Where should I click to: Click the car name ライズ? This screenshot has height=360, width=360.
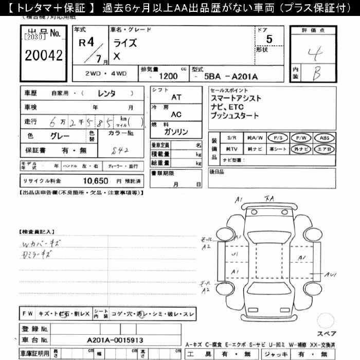tap(125, 43)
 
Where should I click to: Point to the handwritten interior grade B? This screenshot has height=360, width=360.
tap(317, 74)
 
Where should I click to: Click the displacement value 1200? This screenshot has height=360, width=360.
tap(169, 76)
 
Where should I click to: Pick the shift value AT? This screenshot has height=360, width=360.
tap(176, 97)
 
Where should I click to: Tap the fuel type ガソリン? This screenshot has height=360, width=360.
tap(176, 132)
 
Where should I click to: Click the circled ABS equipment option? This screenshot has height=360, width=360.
tap(325, 138)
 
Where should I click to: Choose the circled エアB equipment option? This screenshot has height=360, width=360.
tap(325, 149)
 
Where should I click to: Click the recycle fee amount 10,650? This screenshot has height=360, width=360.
tap(95, 181)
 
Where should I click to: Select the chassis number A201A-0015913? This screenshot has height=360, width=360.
tap(115, 340)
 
